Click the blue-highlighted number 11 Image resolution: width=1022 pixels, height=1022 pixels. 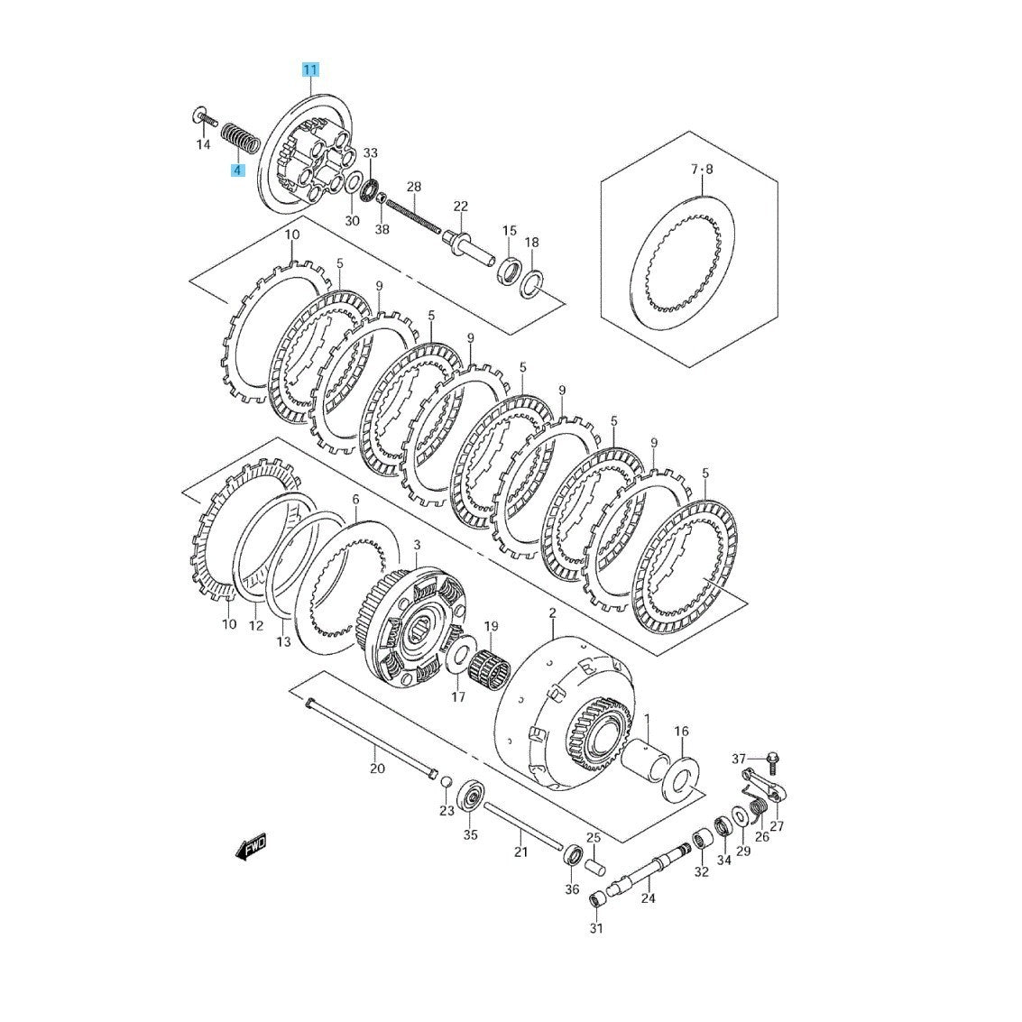tap(310, 69)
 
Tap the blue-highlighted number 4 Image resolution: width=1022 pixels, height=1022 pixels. tap(237, 170)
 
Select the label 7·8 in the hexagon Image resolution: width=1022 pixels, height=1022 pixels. tap(702, 169)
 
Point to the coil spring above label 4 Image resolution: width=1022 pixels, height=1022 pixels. tap(241, 137)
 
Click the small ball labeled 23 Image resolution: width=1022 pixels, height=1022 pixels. tap(447, 782)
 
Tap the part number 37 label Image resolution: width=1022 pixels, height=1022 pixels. tap(739, 759)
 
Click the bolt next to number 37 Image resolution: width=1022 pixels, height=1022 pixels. tap(774, 760)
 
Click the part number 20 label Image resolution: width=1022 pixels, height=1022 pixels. tap(377, 768)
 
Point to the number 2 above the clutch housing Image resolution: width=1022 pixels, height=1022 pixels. tap(552, 612)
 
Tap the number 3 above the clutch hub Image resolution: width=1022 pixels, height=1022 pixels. tap(417, 544)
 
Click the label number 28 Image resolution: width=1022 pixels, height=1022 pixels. tap(415, 187)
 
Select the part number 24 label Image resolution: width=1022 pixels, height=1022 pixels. tap(648, 898)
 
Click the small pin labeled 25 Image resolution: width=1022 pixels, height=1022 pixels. tap(595, 870)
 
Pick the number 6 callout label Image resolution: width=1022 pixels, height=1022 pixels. tap(356, 499)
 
